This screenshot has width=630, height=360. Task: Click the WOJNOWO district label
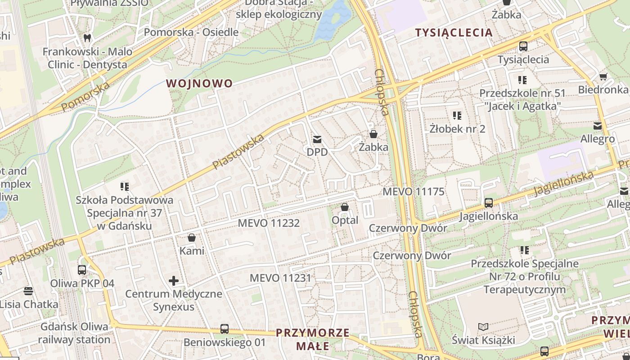[199, 83]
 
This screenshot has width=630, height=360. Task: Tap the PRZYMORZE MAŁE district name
[313, 339]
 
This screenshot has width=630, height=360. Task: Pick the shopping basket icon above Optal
[345, 207]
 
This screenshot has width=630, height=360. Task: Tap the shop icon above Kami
[192, 237]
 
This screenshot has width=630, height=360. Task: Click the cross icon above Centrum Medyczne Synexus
[174, 281]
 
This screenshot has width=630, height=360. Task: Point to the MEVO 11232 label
[269, 223]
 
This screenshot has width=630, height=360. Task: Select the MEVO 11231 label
[280, 278]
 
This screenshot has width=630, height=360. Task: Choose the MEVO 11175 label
[413, 192]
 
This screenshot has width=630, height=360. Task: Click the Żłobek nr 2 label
[457, 129]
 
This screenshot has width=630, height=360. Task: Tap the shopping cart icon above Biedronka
[603, 76]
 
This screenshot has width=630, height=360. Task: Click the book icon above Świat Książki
[483, 327]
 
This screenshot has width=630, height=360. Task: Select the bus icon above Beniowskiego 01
[225, 329]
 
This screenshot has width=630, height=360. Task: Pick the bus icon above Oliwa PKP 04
[82, 270]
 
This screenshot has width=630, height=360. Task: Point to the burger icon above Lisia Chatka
[28, 291]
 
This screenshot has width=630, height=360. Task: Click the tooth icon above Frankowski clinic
[87, 38]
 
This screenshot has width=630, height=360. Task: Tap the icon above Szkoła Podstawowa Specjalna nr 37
[124, 186]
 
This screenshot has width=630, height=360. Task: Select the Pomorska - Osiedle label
[191, 32]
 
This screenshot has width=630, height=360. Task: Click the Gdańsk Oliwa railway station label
[74, 333]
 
